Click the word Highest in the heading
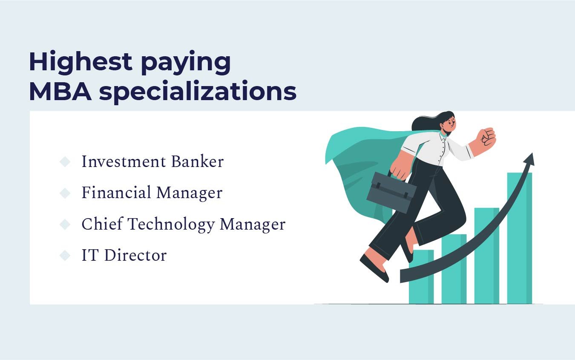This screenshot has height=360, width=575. pyautogui.click(x=80, y=61)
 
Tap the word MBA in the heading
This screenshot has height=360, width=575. pyautogui.click(x=60, y=92)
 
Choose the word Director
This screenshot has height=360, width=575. pyautogui.click(x=135, y=256)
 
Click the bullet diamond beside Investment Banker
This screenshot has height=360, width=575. pyautogui.click(x=65, y=162)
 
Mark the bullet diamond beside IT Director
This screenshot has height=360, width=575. pyautogui.click(x=65, y=256)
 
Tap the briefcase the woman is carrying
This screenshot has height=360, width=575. pyautogui.click(x=391, y=191)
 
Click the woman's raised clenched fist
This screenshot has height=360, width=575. pyautogui.click(x=486, y=138)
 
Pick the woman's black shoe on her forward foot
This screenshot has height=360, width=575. pyautogui.click(x=374, y=268)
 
